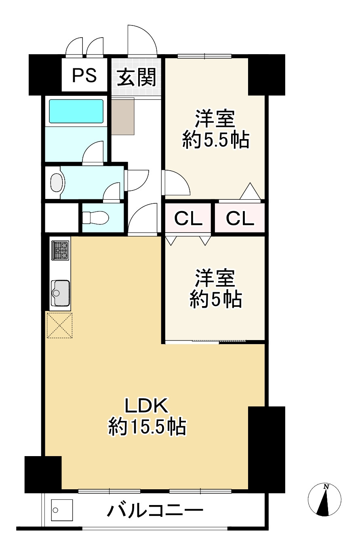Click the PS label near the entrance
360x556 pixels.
[84, 75]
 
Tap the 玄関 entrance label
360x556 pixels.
[136, 76]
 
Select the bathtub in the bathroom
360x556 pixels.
[76, 111]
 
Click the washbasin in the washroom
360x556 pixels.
[57, 183]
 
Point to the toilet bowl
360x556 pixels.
[96, 218]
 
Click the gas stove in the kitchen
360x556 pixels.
[60, 250]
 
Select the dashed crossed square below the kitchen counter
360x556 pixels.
[59, 325]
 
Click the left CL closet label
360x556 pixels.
[188, 219]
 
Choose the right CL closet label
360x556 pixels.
[240, 219]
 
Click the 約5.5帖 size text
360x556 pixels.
[215, 140]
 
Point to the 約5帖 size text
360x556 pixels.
[216, 300]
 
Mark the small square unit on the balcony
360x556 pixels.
[62, 511]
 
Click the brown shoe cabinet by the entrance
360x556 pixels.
[123, 116]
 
